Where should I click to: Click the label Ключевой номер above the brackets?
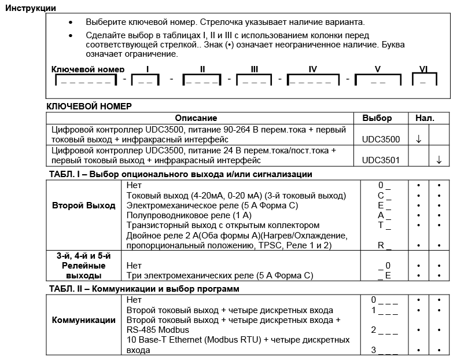pos(88,69)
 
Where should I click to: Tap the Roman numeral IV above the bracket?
pos(312,69)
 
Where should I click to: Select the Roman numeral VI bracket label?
pos(423,69)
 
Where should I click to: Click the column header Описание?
pos(196,118)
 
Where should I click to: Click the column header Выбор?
pos(377,118)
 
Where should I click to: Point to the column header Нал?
pos(425,118)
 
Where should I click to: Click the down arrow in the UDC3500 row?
pos(418,139)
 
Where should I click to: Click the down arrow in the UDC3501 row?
pos(439,160)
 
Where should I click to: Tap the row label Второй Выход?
pos(84,205)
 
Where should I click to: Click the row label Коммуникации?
pos(84,320)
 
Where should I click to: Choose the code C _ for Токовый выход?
pos(385,196)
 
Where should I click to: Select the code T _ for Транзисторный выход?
pos(385,225)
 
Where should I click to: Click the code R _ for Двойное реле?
pos(385,245)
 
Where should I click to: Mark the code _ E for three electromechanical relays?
pos(385,275)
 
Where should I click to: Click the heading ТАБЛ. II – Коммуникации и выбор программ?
pos(144,289)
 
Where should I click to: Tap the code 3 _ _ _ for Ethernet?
pos(385,350)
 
